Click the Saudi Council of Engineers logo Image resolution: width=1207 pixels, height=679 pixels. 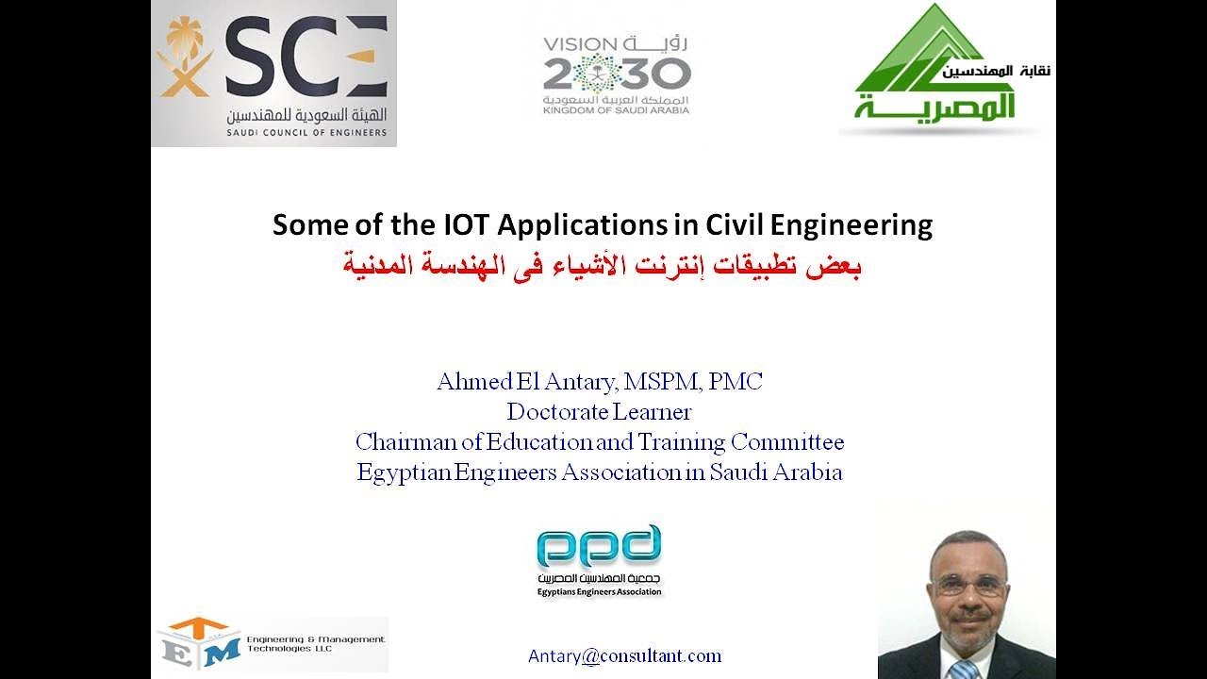click(273, 74)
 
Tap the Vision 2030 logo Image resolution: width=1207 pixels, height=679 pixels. click(617, 75)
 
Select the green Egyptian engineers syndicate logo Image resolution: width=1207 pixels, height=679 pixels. click(943, 71)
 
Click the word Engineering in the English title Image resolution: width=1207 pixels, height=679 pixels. click(852, 226)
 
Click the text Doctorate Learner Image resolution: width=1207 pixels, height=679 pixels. click(599, 412)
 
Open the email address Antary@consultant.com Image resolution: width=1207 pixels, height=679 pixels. click(625, 656)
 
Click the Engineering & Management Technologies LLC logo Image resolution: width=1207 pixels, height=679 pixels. click(272, 644)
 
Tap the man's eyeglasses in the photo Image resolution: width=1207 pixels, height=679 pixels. click(968, 585)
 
